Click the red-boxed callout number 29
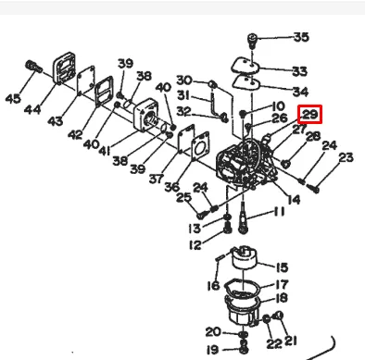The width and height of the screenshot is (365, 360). click(310, 114)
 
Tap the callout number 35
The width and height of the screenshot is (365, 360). click(301, 37)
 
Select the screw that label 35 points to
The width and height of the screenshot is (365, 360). click(252, 42)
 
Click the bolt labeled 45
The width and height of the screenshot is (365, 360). click(33, 67)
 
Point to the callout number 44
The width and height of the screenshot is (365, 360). click(32, 109)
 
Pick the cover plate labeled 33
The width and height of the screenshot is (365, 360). click(246, 65)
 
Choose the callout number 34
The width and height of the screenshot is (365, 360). click(300, 92)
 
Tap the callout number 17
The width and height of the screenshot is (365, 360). click(281, 284)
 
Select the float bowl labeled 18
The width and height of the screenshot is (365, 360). click(244, 310)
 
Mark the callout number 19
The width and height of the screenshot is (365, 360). click(212, 350)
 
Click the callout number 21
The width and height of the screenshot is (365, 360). click(290, 341)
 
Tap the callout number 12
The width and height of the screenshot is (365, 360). click(195, 245)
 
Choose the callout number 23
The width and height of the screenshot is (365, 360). click(346, 157)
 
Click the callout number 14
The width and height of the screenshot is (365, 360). click(294, 200)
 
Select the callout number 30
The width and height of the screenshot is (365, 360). click(184, 81)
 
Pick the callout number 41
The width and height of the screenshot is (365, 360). click(105, 150)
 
